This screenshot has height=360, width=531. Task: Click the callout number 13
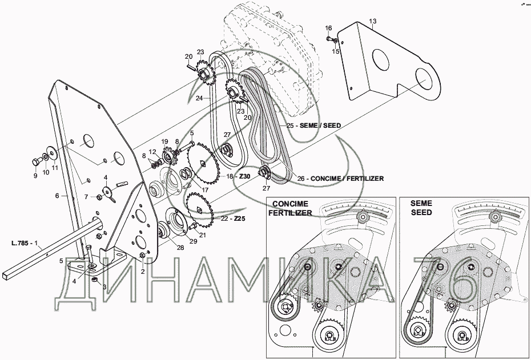click(373, 22)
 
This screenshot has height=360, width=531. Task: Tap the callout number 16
click(328, 28)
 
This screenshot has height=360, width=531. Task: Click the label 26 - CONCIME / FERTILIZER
click(340, 179)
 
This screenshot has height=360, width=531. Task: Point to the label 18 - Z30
click(239, 177)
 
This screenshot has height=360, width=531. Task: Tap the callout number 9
click(35, 176)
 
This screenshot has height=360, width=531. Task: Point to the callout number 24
click(199, 98)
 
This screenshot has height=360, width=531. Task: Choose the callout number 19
click(164, 141)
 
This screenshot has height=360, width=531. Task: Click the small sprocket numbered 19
click(168, 155)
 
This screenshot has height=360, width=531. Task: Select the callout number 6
click(57, 196)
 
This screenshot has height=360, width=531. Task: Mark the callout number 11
click(55, 168)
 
